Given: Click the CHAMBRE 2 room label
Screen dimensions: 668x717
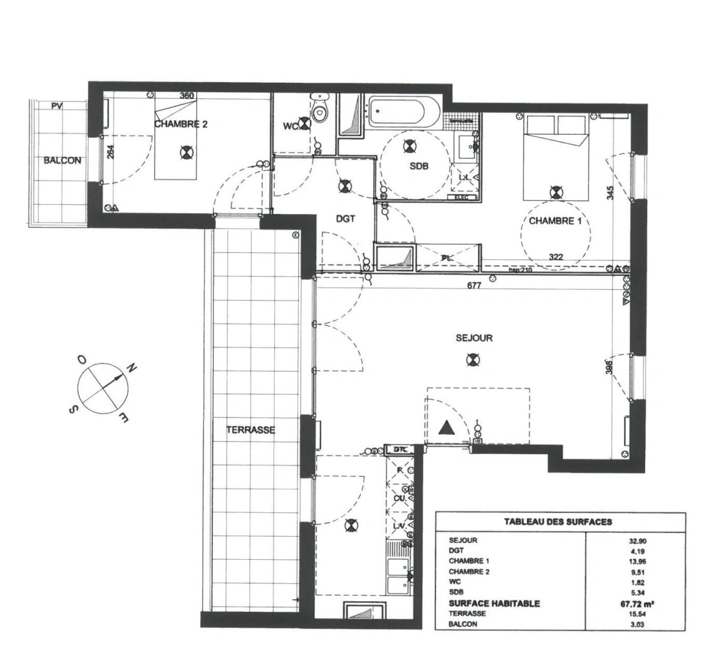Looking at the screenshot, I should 181,124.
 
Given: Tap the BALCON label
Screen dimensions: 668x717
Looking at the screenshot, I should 62,160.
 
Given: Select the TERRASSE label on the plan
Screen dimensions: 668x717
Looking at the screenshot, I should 250,430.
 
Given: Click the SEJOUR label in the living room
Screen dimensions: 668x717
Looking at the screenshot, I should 474,338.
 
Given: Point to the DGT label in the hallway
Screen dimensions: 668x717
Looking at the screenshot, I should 345,218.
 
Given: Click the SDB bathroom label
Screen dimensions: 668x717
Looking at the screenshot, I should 418,166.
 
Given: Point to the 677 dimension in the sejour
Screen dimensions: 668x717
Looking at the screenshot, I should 474,285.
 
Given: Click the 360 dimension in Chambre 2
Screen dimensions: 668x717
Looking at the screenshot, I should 186,95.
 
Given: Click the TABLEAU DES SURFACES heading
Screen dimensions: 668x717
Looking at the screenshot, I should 557,521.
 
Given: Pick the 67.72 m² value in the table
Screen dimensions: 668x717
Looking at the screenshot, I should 640,603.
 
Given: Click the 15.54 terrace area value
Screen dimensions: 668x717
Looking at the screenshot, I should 639,614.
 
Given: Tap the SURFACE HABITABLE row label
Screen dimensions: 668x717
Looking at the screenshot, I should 494,603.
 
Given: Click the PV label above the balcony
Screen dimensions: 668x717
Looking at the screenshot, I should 56,106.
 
